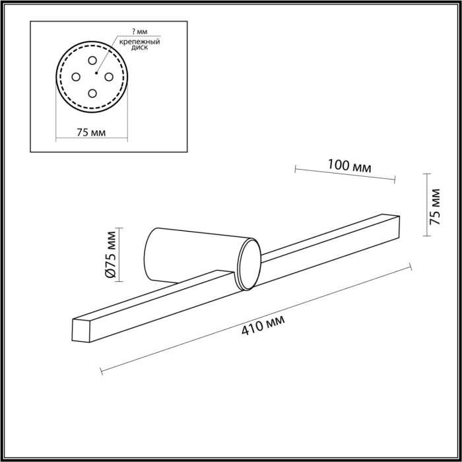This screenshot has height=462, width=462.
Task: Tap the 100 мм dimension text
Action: coord(350,167)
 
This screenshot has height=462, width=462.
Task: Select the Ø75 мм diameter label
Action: coord(111,255)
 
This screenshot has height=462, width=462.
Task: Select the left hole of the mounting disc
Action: coord(76,75)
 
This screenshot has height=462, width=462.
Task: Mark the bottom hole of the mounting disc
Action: coord(92,92)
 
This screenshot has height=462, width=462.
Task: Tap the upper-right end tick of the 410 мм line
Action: coord(410,266)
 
